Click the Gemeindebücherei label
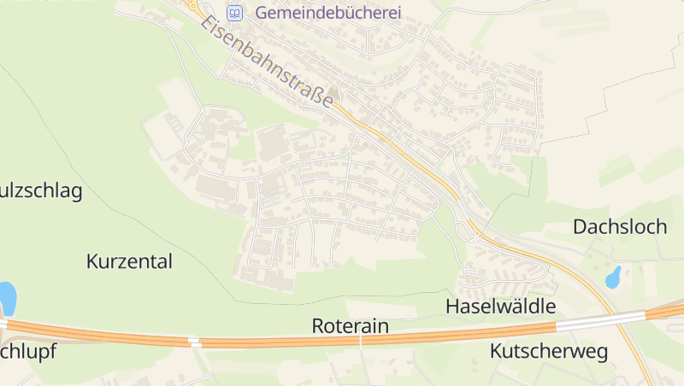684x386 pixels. [315, 14]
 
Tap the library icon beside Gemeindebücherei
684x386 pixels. [234, 14]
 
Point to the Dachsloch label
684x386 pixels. [620, 226]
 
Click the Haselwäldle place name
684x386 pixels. [501, 307]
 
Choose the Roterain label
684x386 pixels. [351, 325]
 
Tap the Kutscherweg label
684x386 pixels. [548, 351]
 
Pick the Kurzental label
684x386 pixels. [129, 261]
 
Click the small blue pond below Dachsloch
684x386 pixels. [613, 277]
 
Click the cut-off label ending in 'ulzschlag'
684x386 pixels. [41, 190]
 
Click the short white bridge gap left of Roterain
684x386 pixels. [194, 342]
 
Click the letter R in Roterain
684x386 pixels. [318, 325]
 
